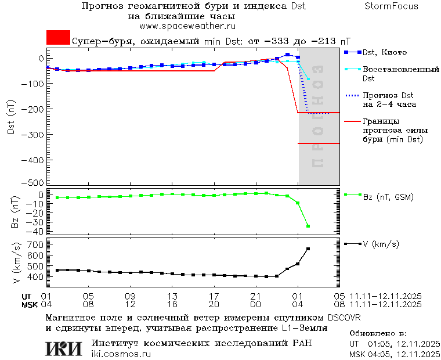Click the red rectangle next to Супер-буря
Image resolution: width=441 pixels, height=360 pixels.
coord(58,38)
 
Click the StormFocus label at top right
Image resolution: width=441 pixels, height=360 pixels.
coord(391,6)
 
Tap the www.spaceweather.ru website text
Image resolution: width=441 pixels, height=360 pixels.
coord(187,26)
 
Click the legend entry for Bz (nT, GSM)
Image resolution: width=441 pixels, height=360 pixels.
coord(388,197)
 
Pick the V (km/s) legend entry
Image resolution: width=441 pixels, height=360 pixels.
coord(381,244)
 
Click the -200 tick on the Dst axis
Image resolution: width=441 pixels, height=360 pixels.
coord(34,109)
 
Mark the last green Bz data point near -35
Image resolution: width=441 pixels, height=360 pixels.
coord(308,226)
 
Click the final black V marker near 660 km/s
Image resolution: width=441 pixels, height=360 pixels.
coord(308,249)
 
